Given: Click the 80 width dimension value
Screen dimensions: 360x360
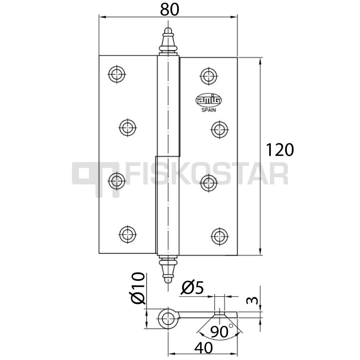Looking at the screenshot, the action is pos(170,10).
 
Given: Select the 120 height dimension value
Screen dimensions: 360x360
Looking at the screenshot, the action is pos(280,150).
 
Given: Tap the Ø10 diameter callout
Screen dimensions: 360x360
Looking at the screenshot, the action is pos(138,288).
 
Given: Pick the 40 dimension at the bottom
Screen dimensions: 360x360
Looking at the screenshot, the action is pos(204,348).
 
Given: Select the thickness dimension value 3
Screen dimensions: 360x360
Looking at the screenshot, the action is pos(252,300).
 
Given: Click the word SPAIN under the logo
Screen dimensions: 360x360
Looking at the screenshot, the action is pos(208,110).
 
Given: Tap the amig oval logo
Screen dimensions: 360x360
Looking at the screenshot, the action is pos(208,100).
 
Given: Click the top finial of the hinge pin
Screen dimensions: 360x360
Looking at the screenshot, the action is pos(168,42).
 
